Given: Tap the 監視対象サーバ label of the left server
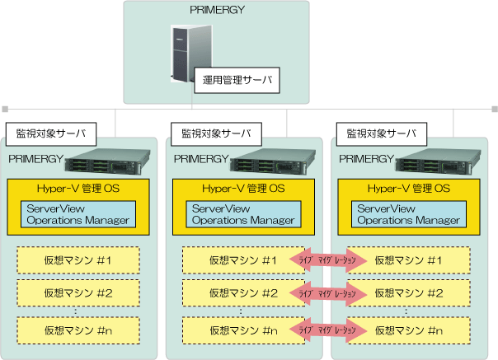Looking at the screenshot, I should (51, 132).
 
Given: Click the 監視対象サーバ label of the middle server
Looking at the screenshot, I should (216, 132).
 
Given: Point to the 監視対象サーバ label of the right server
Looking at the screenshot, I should (382, 132).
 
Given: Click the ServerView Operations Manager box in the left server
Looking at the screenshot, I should (78, 214).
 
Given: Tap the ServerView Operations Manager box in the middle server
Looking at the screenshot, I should (243, 214).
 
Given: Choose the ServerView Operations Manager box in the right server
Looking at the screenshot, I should (409, 214).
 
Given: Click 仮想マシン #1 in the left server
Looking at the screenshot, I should (78, 260).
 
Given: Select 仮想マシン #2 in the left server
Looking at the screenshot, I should (78, 292).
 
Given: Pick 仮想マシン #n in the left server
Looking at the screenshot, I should (78, 330).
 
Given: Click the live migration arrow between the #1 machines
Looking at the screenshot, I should (327, 260).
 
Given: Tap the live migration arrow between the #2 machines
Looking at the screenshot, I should (327, 292).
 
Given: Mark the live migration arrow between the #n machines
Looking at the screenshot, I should (327, 330).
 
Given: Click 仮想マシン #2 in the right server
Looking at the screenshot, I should (409, 292).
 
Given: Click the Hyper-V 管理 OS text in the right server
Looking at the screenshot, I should (409, 188).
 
